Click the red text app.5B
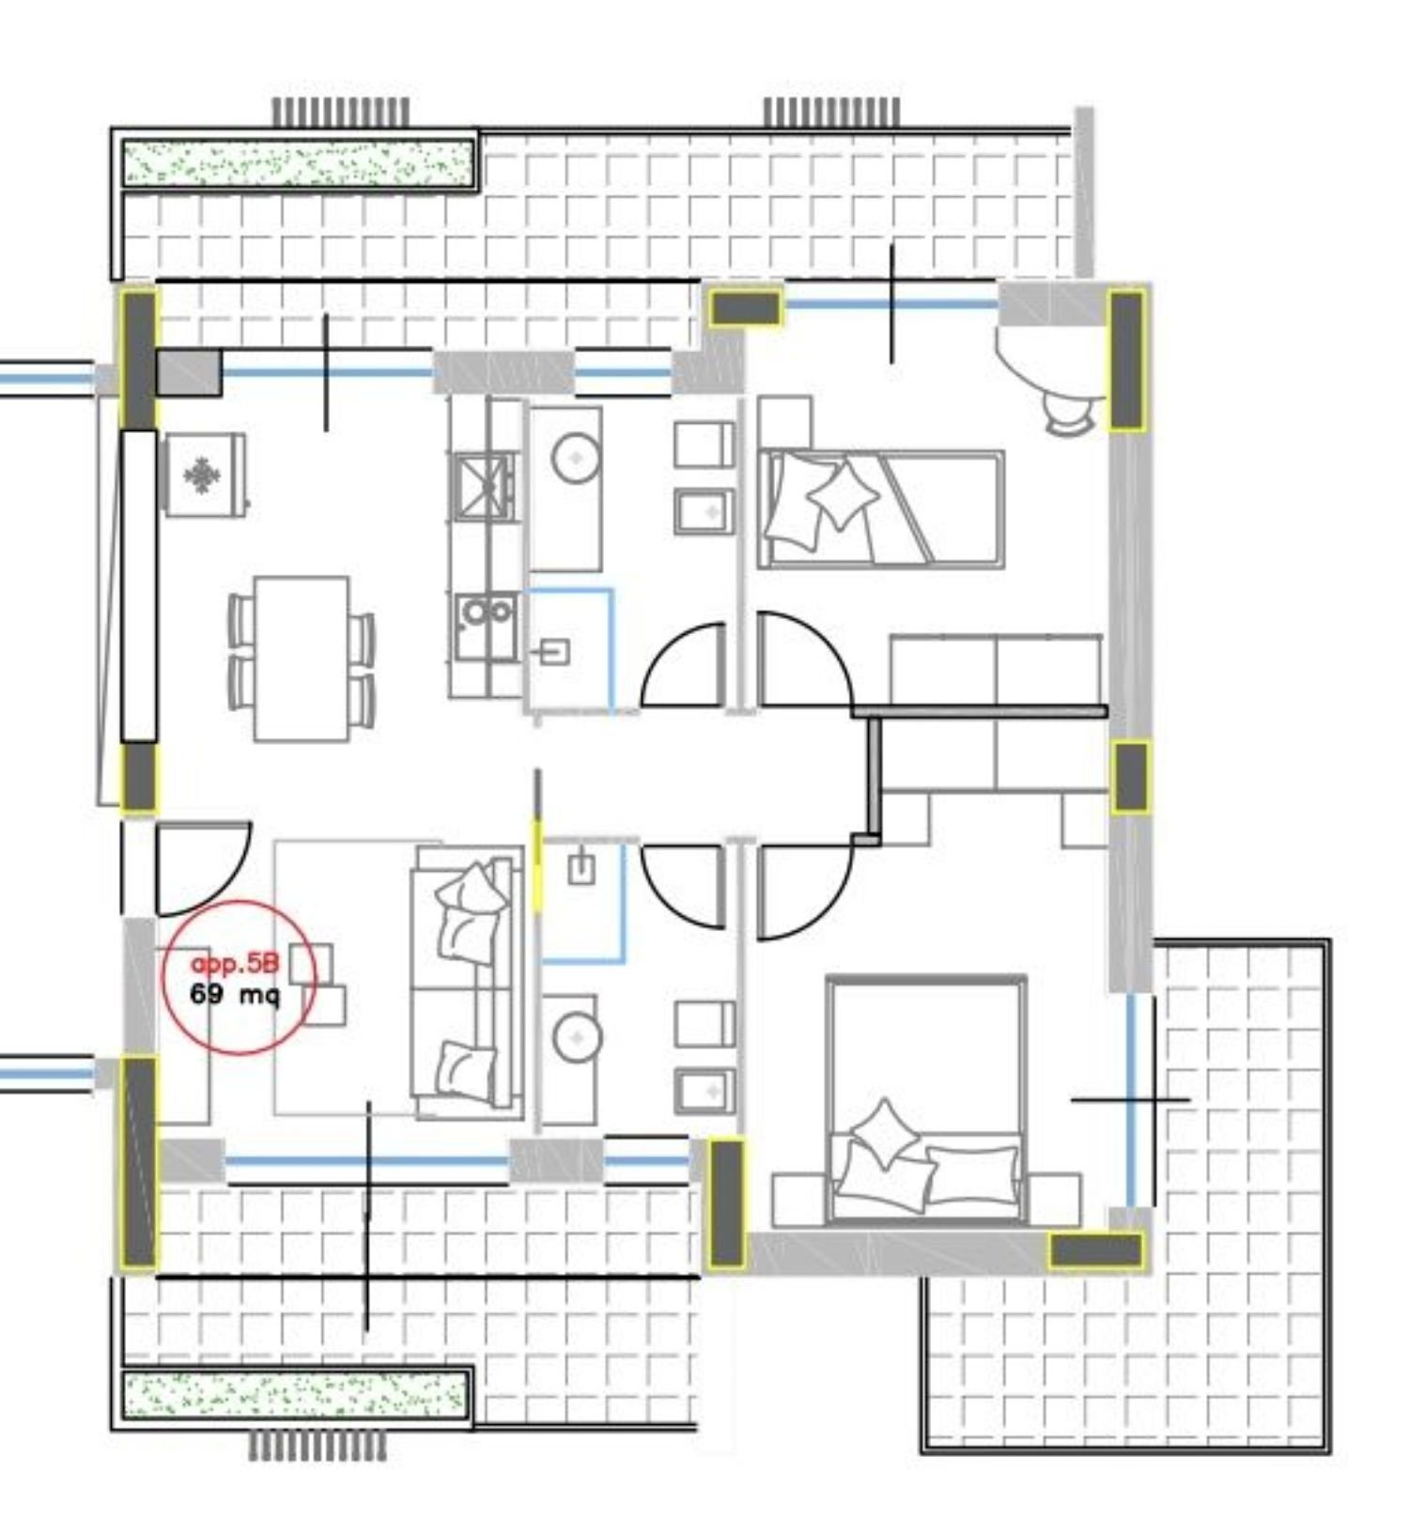(235, 964)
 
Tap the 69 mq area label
(234, 994)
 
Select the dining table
(302, 659)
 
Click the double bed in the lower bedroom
(926, 1100)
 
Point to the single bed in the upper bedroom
(881, 509)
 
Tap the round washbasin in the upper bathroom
(575, 458)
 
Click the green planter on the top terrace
(297, 162)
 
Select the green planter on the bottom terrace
(296, 1393)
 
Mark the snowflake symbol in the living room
(201, 475)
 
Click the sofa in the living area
(467, 981)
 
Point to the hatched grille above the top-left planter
(341, 112)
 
